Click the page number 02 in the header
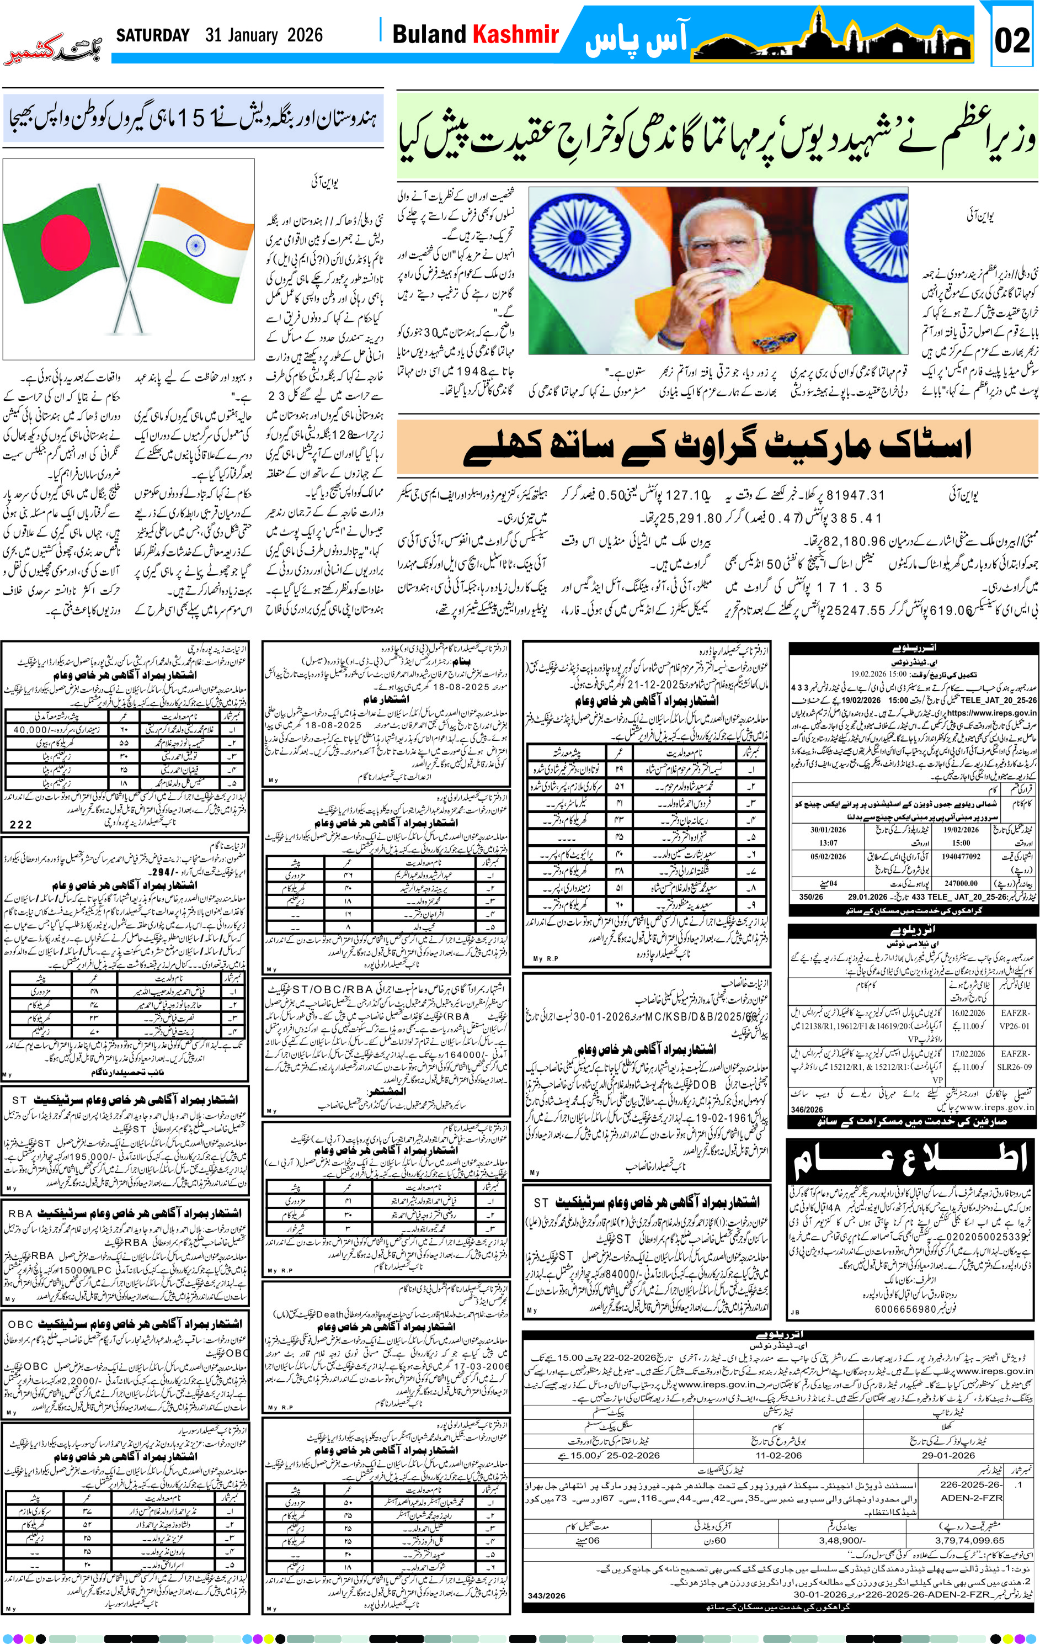[1011, 41]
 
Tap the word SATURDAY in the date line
[153, 35]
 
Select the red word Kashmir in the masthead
[516, 34]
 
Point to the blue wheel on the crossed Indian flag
[195, 245]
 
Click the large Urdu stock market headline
[717, 447]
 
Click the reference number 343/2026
[547, 1595]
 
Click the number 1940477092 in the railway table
[961, 856]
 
